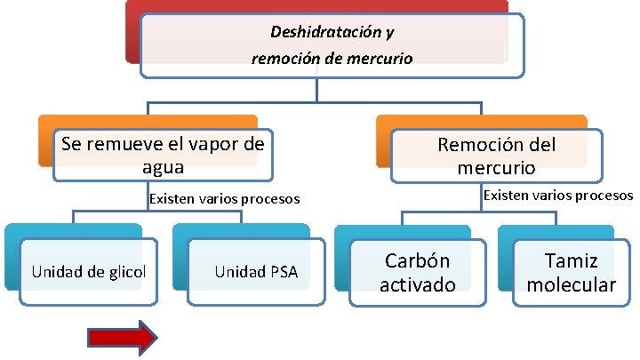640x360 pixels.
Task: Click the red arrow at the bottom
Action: coord(122,337)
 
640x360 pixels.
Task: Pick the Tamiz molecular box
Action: coord(571,273)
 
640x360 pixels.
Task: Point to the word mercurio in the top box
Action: coord(375,60)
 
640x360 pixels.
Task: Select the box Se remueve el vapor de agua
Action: coord(163,155)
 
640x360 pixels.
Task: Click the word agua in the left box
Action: coord(164,166)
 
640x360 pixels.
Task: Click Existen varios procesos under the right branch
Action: coord(557,195)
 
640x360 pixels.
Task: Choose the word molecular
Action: coord(571,284)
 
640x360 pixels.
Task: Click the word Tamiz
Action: coord(571,261)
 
